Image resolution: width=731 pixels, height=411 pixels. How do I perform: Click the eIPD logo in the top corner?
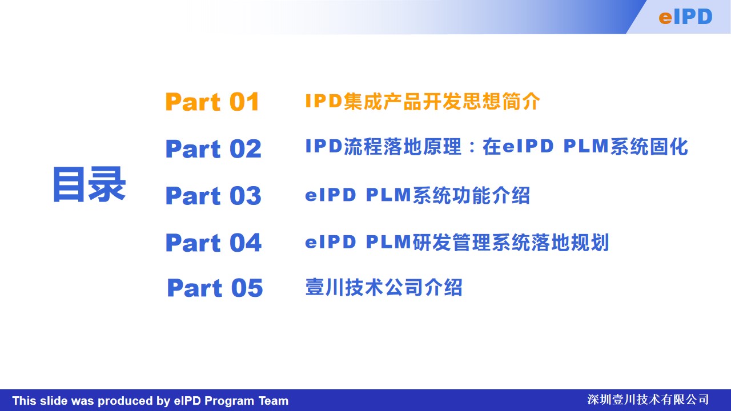pyautogui.click(x=685, y=17)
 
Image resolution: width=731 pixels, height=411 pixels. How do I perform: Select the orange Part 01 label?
pyautogui.click(x=212, y=102)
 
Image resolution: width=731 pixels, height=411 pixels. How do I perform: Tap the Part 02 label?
pyautogui.click(x=214, y=149)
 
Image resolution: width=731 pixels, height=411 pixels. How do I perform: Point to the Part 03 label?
pyautogui.click(x=214, y=196)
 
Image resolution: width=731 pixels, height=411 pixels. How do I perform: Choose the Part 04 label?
pyautogui.click(x=214, y=243)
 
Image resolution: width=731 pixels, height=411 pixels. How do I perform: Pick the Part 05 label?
pyautogui.click(x=215, y=288)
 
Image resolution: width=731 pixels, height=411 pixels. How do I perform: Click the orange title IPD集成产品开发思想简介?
pyautogui.click(x=423, y=101)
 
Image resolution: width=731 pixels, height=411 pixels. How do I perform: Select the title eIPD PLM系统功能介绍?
pyautogui.click(x=417, y=195)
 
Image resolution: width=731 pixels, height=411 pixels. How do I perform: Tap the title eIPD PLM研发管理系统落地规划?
pyautogui.click(x=457, y=243)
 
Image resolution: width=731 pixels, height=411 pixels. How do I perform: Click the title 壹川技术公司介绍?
pyautogui.click(x=384, y=287)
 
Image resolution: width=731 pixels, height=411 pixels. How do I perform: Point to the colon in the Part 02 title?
pyautogui.click(x=472, y=147)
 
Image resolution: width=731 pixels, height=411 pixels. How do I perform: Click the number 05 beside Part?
pyautogui.click(x=247, y=288)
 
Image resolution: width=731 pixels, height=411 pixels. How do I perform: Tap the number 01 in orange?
pyautogui.click(x=244, y=102)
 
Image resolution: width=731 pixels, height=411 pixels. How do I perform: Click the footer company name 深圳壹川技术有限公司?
pyautogui.click(x=648, y=400)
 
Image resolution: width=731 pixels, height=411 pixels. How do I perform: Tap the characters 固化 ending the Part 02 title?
pyautogui.click(x=669, y=147)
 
